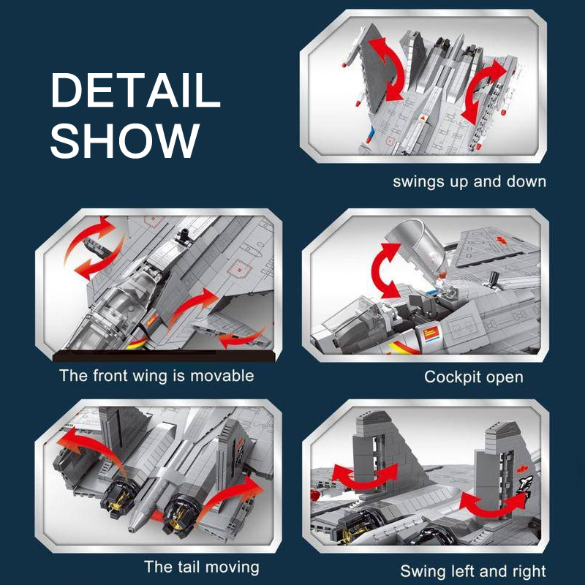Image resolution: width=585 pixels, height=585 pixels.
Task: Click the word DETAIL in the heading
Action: click(x=135, y=90)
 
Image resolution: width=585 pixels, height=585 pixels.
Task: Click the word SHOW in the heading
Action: click(x=125, y=140)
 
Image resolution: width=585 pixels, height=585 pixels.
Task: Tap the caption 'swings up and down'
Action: click(x=469, y=181)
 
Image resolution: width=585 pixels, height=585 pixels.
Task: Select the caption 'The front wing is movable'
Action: click(x=156, y=376)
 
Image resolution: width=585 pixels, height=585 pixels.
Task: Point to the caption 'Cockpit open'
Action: click(x=473, y=377)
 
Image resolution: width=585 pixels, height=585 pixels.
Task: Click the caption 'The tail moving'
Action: click(x=202, y=567)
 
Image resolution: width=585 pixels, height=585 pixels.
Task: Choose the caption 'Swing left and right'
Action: click(x=472, y=571)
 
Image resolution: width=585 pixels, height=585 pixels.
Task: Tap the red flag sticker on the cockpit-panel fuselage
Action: click(x=430, y=333)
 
